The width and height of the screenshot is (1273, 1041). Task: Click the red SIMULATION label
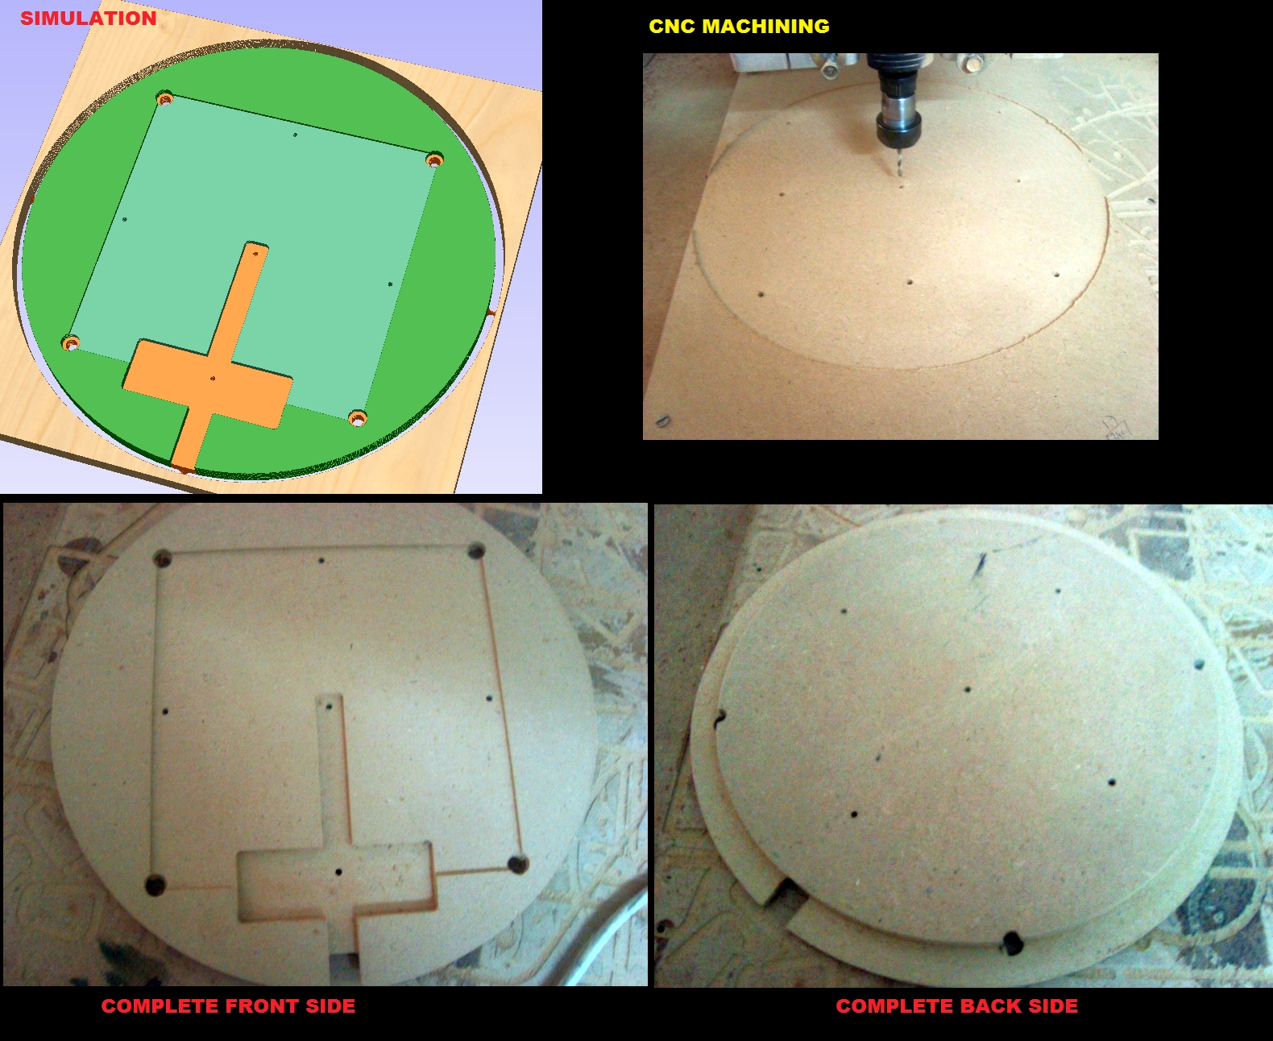click(x=89, y=18)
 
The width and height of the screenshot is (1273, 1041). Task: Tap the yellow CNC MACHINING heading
click(x=739, y=27)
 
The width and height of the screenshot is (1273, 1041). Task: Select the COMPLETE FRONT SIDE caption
click(x=228, y=1006)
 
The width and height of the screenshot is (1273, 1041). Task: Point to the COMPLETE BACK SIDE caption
click(x=956, y=1006)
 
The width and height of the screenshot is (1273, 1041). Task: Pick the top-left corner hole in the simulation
click(x=165, y=97)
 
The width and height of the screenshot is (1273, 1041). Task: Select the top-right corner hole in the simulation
click(x=434, y=160)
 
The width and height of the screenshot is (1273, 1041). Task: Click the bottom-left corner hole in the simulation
click(x=71, y=343)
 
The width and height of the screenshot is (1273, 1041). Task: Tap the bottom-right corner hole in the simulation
click(x=358, y=417)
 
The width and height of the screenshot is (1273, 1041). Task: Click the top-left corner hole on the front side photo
click(x=163, y=558)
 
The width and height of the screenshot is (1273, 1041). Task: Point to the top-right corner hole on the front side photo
click(x=476, y=551)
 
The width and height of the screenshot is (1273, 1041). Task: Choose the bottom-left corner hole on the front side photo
click(x=155, y=885)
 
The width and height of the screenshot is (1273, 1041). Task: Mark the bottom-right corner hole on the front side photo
click(x=517, y=865)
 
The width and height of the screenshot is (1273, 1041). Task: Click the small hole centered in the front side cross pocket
click(x=338, y=872)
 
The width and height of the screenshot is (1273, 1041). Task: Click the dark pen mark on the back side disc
click(x=981, y=562)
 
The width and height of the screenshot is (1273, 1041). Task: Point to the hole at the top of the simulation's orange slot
click(x=256, y=254)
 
